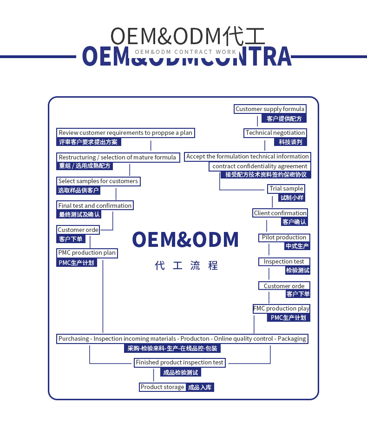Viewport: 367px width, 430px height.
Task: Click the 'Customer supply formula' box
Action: coord(270,109)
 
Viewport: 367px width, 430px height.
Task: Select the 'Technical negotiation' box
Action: coord(275,133)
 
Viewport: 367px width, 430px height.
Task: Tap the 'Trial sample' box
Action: coord(286,189)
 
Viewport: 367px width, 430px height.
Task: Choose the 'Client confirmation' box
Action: coord(280,213)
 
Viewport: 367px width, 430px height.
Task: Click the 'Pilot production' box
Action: coord(284,238)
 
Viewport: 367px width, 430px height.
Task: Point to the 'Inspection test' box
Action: coord(284,262)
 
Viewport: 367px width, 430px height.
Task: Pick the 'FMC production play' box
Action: coord(282,309)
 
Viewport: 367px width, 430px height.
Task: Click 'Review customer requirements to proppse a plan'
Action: coord(125,133)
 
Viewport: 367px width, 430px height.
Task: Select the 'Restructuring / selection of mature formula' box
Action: coord(117,158)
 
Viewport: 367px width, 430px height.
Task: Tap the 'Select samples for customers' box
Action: coord(98,181)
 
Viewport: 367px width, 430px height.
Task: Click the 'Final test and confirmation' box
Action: coord(95,205)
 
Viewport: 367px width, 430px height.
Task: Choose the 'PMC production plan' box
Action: coord(87,253)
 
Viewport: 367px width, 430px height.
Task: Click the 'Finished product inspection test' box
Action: coord(180,363)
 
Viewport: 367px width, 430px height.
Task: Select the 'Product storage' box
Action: coord(163,387)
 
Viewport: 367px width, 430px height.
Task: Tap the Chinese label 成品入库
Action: coord(200,387)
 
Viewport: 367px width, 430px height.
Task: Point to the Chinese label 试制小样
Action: coord(292,198)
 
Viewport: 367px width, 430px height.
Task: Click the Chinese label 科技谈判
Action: coord(290,142)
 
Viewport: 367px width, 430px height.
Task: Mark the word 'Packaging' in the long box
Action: coord(292,339)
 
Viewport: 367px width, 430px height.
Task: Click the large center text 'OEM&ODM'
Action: coord(185,239)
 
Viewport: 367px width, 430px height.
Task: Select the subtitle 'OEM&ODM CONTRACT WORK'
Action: coord(185,52)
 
